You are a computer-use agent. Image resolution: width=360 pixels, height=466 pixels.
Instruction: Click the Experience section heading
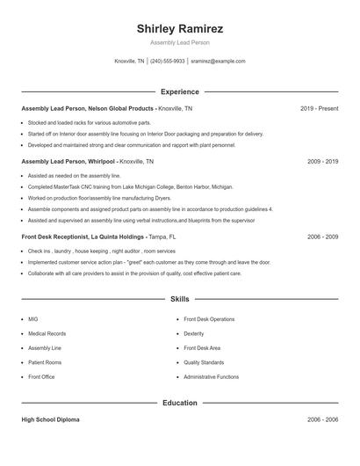(179, 91)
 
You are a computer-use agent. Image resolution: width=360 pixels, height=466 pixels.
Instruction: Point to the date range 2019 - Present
(319, 108)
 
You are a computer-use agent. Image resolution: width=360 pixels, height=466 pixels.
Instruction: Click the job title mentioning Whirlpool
(87, 162)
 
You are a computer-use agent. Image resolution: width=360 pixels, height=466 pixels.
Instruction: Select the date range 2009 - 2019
(322, 162)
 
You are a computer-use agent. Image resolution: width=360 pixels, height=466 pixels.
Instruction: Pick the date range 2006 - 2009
(322, 237)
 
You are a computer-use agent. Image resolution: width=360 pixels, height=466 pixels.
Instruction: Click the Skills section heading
(179, 299)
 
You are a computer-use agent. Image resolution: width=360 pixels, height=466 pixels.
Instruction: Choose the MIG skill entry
(33, 319)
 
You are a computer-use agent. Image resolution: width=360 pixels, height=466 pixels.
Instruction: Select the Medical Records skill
(47, 333)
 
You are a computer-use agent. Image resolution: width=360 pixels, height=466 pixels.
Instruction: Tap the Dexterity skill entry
(194, 333)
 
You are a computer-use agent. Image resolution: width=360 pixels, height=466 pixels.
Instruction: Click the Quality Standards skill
(204, 362)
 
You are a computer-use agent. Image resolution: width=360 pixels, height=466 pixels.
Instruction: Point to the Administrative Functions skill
(211, 376)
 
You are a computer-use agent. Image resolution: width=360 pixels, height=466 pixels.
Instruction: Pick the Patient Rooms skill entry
(45, 362)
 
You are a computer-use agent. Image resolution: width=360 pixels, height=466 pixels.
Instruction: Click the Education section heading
(179, 403)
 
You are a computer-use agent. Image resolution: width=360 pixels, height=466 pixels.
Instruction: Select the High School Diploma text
(50, 420)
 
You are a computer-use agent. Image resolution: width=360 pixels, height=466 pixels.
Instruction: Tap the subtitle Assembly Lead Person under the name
(179, 42)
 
